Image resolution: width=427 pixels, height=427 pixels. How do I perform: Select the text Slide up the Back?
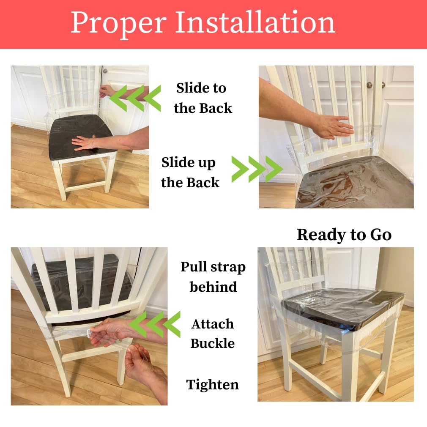(190, 172)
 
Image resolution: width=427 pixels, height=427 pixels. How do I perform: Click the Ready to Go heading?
(344, 235)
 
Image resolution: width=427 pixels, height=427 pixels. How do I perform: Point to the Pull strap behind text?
(213, 277)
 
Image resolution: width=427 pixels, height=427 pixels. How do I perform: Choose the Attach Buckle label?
(212, 333)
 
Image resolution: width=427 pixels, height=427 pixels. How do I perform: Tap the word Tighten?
(212, 385)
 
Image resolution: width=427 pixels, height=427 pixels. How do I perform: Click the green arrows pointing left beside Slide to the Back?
(135, 98)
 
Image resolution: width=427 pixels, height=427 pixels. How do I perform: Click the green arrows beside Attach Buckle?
(154, 324)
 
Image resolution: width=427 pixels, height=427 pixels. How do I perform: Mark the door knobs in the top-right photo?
(375, 85)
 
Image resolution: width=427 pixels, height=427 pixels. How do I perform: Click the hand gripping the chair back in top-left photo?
(106, 90)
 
